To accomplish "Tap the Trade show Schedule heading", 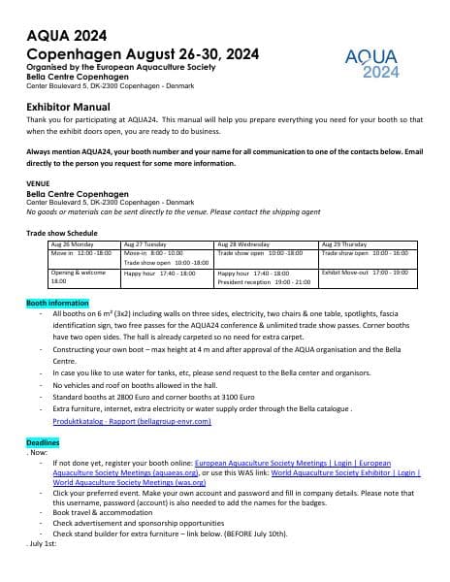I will click(x=62, y=233).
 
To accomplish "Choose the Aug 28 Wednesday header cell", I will click(x=243, y=244).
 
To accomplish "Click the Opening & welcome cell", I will click(x=76, y=277).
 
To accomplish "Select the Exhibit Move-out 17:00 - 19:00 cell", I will click(x=364, y=274).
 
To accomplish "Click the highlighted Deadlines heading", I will click(x=42, y=442).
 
